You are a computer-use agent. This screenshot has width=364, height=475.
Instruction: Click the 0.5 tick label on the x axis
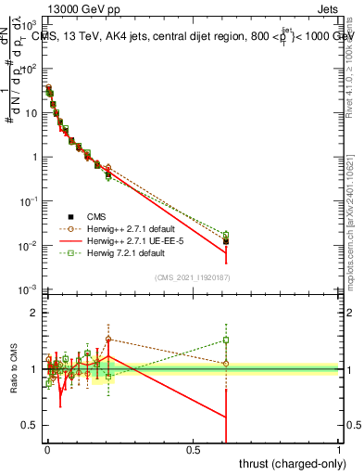click(194, 448)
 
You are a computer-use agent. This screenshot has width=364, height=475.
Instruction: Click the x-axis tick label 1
click(339, 448)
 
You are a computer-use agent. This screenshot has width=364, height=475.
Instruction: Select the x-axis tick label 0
click(47, 448)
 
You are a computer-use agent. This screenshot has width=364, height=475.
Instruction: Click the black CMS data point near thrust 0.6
click(226, 241)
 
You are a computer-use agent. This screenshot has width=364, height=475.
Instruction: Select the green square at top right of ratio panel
click(226, 340)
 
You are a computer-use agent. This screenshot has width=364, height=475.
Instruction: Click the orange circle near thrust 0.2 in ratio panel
click(108, 339)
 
